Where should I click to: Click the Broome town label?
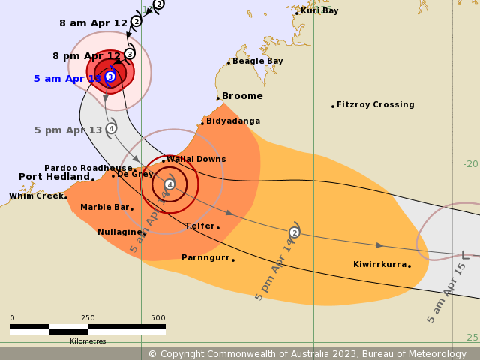pos(243,96)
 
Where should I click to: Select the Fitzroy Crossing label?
pos(376,105)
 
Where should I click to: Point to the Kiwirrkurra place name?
pos(379,264)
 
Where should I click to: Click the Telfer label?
pos(200,226)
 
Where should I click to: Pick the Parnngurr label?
pos(205,257)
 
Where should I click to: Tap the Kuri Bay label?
pos(319,10)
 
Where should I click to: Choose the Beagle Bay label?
pos(257,61)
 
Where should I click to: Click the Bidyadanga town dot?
pos(202,123)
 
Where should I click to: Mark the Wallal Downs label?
pos(196,159)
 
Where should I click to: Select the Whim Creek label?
pos(36,196)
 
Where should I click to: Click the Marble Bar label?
pos(104,207)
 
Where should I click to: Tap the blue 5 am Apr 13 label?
pos(67,79)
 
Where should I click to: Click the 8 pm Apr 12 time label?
pos(86,56)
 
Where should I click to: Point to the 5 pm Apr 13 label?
pos(67,130)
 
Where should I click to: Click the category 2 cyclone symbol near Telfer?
pos(295,232)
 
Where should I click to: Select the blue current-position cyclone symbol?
pos(110,76)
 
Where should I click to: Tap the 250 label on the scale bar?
pos(88,318)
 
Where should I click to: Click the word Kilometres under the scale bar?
pos(88,341)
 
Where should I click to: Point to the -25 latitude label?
pos(470,337)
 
